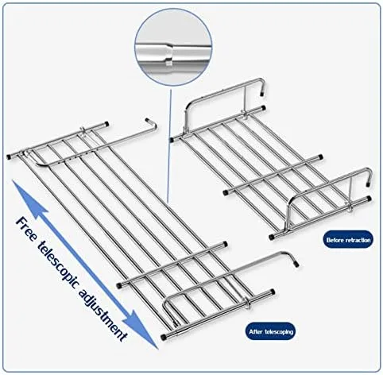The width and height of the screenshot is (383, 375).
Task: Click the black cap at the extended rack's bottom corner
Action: click(163, 338)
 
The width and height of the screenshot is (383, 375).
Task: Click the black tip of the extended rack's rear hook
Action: click(148, 120)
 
